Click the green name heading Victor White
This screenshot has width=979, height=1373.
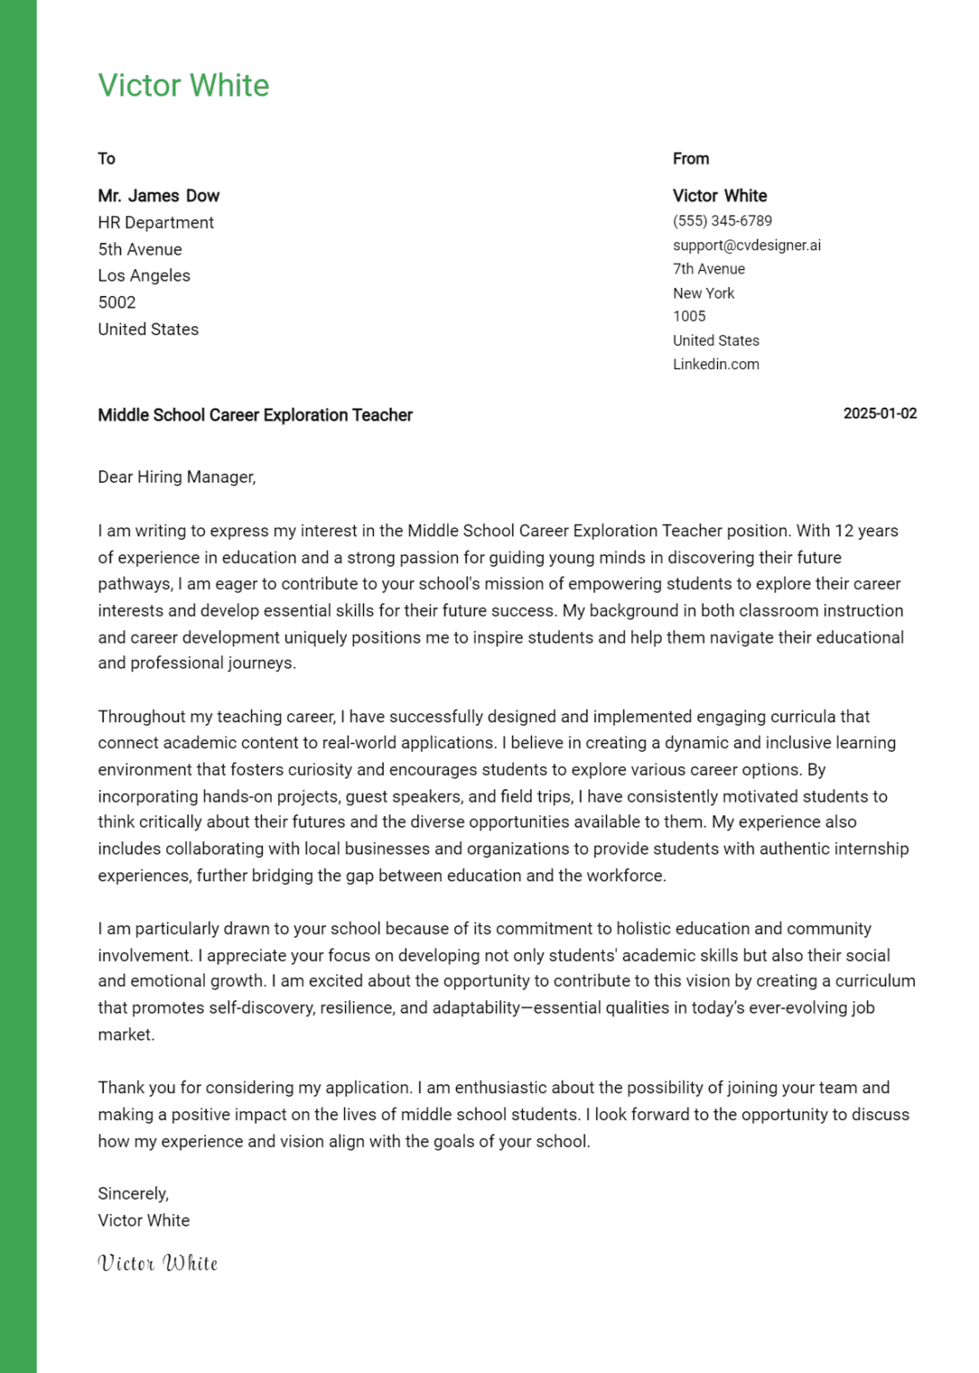point(183,86)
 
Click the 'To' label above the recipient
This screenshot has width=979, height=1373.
point(106,159)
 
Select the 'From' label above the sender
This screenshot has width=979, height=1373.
point(690,159)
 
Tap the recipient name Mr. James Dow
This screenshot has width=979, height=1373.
point(158,196)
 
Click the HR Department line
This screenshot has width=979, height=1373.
point(156,223)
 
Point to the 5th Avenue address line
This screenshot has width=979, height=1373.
point(139,249)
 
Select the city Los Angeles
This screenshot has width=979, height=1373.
point(144,275)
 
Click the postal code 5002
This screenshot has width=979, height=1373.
point(116,302)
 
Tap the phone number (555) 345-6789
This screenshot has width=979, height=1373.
point(722,221)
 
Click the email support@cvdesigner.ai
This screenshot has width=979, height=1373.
point(747,245)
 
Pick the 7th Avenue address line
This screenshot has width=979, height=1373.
point(708,269)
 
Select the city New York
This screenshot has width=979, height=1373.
point(703,293)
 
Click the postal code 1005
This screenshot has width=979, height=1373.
point(688,316)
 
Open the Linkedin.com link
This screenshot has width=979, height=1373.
point(715,365)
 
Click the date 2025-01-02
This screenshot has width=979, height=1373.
point(880,414)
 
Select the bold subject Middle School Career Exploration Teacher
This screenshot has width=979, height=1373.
point(255,415)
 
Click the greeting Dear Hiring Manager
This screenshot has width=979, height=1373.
point(176,477)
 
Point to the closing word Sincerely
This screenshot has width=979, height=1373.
point(132,1194)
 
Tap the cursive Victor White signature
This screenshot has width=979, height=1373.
point(157,1263)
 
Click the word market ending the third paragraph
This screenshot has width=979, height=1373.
point(125,1035)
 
